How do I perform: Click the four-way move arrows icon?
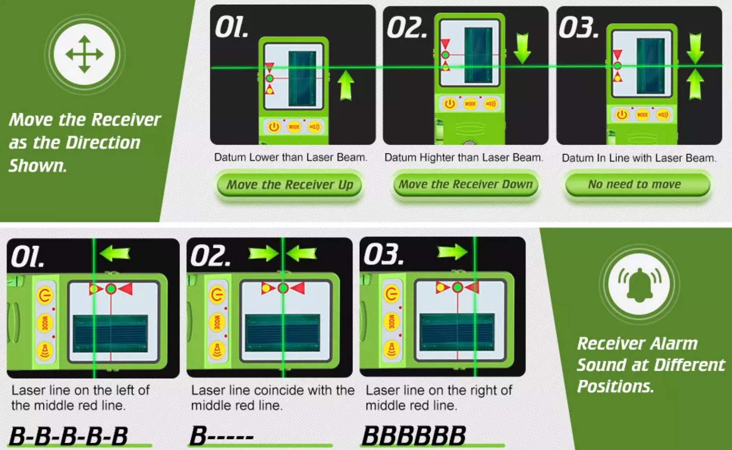(84, 54)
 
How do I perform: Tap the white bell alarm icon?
(639, 284)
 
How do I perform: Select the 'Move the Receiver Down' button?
(466, 184)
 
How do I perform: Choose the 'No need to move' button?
(638, 184)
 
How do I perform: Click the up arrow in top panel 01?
(346, 85)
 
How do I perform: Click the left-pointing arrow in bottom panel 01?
(115, 253)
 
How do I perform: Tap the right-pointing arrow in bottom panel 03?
(453, 252)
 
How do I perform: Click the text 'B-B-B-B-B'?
(69, 436)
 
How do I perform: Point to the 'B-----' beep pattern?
(221, 436)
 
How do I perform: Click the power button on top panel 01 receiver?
(274, 127)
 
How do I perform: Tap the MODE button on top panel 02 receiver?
(470, 104)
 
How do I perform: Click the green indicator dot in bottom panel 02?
(283, 288)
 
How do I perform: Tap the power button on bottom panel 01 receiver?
(45, 295)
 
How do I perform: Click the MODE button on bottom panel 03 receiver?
(391, 321)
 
